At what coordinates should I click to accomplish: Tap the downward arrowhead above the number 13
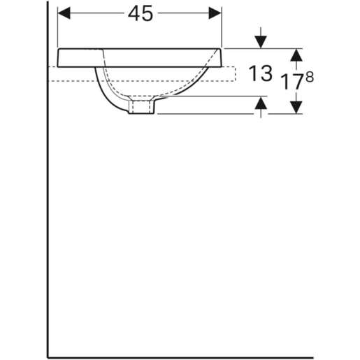click(261, 41)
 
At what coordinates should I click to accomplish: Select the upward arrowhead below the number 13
click(261, 105)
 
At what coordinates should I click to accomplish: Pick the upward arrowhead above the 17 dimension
click(296, 55)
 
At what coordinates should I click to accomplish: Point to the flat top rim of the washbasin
click(140, 49)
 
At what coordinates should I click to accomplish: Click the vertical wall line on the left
click(47, 210)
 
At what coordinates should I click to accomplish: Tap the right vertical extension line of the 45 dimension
click(222, 28)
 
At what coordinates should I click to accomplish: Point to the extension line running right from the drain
click(210, 113)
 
